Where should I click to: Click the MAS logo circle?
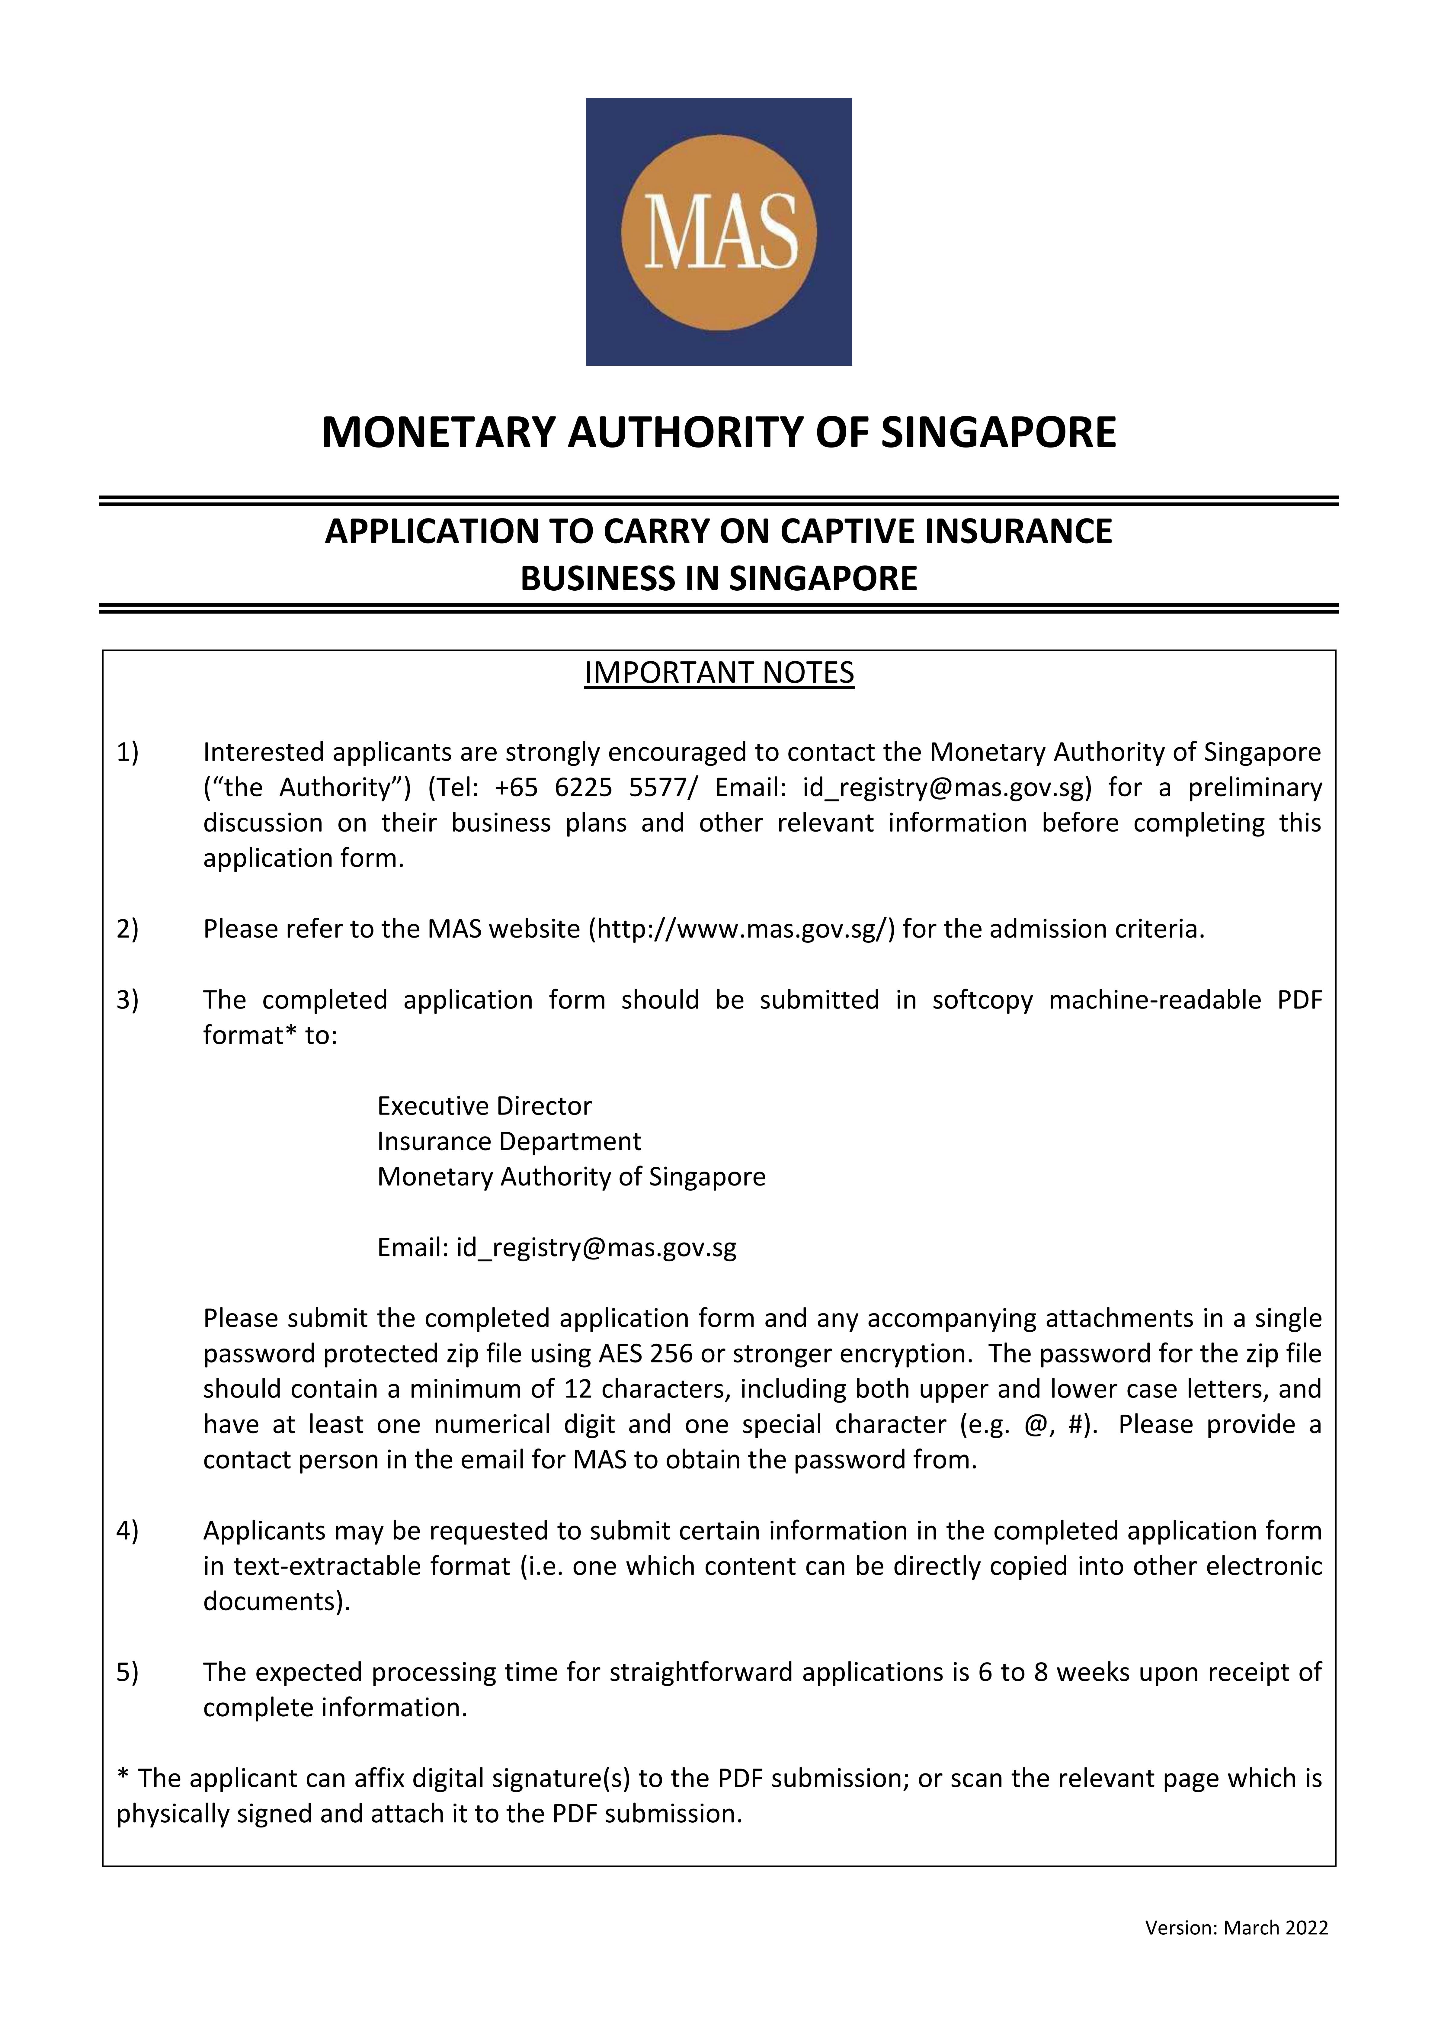click(719, 232)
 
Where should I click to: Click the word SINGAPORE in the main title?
click(998, 433)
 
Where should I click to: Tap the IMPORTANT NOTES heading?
click(719, 673)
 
